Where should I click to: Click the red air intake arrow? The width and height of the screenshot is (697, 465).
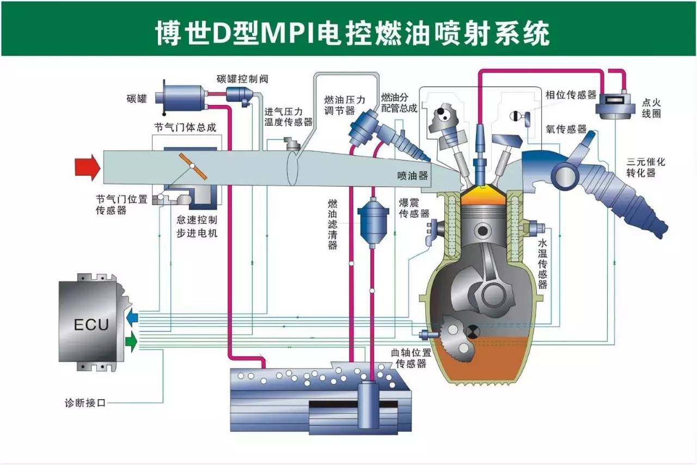coord(88,168)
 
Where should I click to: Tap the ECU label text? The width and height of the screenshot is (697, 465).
coord(91,325)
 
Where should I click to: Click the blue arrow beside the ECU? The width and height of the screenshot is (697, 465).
coord(132,317)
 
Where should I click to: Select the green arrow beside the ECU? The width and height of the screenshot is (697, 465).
coord(131,341)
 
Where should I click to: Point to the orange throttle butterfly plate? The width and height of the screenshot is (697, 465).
coord(193,166)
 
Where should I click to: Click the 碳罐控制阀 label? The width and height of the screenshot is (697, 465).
coord(242,79)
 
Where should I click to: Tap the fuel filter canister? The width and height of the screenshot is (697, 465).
coord(373,223)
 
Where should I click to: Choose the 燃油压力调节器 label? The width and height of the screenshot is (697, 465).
coord(345,105)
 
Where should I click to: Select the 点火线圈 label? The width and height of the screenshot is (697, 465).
coord(651,108)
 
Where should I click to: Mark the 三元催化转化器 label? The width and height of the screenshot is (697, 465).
coord(646,167)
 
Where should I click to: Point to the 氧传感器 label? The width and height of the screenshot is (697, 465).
coord(566,129)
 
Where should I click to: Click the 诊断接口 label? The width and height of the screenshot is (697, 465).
coord(85,403)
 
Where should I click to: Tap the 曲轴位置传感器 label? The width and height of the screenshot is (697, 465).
coord(411,358)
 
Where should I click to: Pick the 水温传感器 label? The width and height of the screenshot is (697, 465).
coord(542,264)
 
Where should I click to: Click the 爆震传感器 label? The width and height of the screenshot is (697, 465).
coord(414,208)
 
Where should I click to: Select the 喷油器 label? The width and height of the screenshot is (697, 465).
coord(413,176)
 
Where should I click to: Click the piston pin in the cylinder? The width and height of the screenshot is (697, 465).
coord(482,231)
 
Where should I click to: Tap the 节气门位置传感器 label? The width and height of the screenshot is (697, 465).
coord(121,205)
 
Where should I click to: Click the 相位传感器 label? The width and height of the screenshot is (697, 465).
coord(571,95)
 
